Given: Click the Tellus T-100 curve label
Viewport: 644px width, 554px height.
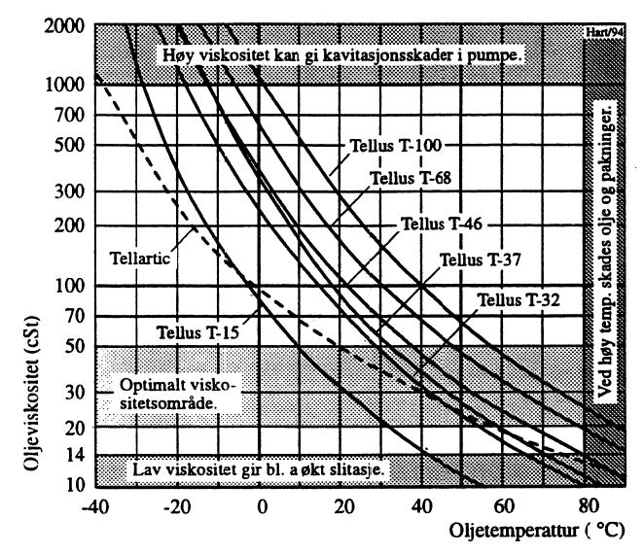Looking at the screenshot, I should (395, 147).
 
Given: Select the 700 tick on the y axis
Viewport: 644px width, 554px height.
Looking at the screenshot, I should (67, 116).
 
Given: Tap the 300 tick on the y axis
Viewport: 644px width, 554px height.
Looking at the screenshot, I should (67, 190).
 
